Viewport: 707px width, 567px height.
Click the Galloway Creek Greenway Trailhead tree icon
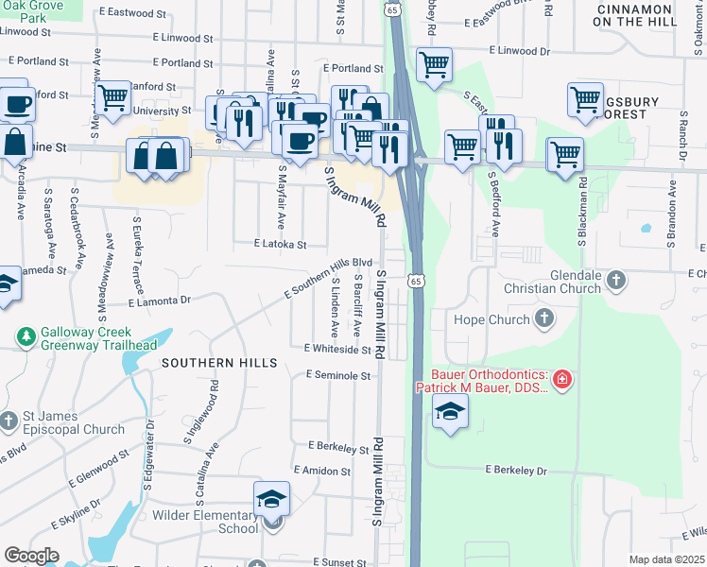pyautogui.click(x=26, y=337)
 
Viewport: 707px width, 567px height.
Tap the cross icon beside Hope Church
pyautogui.click(x=543, y=319)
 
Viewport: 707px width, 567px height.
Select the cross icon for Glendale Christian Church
pyautogui.click(x=615, y=280)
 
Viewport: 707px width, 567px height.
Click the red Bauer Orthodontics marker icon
pyautogui.click(x=562, y=380)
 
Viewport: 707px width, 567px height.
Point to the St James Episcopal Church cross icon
pyautogui.click(x=9, y=421)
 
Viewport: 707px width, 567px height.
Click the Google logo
pyautogui.click(x=31, y=556)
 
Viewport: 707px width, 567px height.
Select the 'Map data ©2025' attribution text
pyautogui.click(x=666, y=559)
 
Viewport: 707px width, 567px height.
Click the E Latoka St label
pyautogui.click(x=280, y=244)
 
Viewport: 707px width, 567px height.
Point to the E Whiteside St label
pyautogui.click(x=337, y=349)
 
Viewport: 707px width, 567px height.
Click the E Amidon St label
pyautogui.click(x=322, y=470)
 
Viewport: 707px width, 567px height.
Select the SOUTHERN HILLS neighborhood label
pyautogui.click(x=219, y=363)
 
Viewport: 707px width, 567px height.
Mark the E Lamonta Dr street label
pyautogui.click(x=159, y=301)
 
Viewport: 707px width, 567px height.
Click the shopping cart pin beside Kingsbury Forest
pyautogui.click(x=585, y=98)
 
